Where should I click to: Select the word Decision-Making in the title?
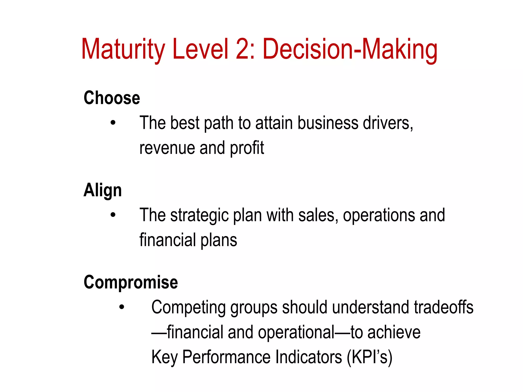coord(350,49)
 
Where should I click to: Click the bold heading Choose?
coord(112,98)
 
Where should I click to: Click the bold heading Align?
coord(103,190)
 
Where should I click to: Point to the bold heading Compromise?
coord(131,283)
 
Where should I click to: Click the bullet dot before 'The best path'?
coord(113,123)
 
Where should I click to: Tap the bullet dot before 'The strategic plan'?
coord(113,215)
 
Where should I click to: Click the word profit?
coord(247,148)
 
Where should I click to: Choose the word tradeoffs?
coord(444,307)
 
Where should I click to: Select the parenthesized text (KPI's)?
coord(369,357)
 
